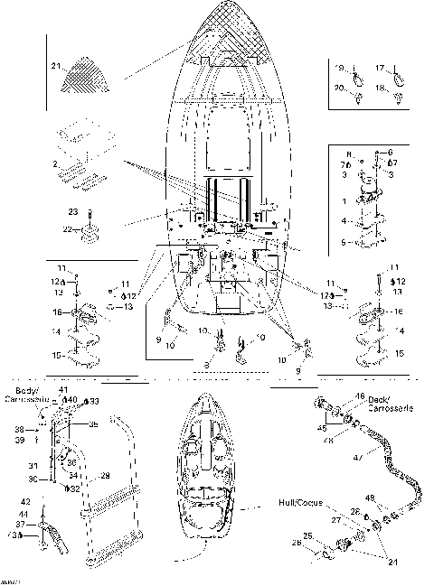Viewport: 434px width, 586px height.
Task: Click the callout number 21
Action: pos(55,67)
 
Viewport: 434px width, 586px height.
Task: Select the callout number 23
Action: pos(73,213)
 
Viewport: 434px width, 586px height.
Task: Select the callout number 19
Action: pos(341,68)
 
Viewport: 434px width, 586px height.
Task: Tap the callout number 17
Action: pos(380,68)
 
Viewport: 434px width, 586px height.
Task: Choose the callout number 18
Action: pos(380,88)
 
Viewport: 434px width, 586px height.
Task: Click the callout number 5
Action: pos(341,242)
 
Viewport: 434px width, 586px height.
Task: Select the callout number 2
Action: pos(55,163)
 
